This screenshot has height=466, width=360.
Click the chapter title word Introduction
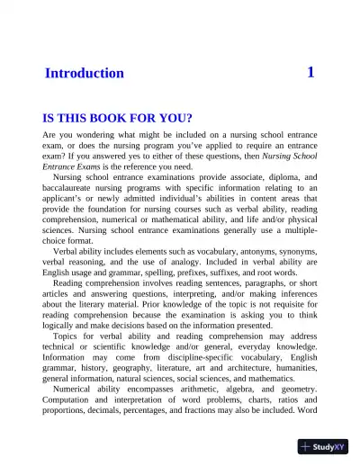coord(84,73)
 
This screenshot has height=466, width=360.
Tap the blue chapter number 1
coord(310,72)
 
